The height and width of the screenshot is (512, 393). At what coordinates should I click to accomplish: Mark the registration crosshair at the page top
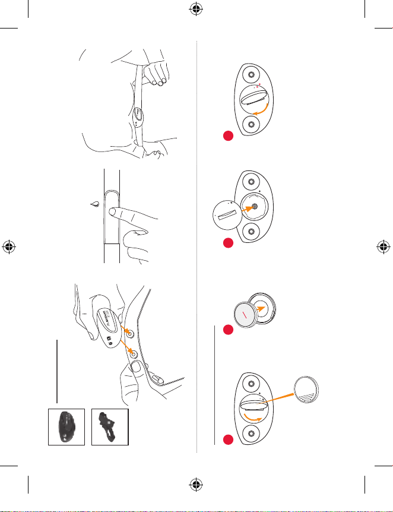196,9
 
